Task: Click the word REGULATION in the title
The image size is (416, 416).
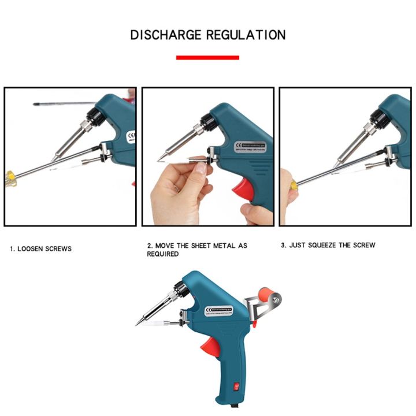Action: click(x=246, y=35)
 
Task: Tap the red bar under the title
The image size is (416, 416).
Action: click(x=207, y=57)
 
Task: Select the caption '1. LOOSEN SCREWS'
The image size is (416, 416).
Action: click(x=40, y=249)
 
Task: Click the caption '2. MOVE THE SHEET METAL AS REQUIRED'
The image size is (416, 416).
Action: click(x=196, y=250)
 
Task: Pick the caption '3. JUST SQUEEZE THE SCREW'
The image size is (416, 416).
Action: click(x=328, y=246)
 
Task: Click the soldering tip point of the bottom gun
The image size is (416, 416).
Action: click(x=139, y=324)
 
